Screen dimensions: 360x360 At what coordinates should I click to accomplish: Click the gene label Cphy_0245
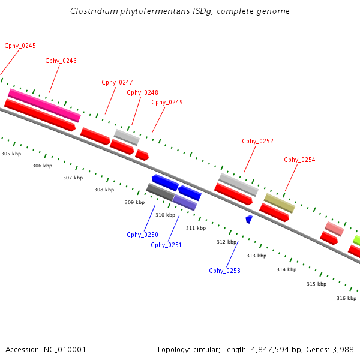coord(20,46)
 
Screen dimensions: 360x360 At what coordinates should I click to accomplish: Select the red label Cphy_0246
coord(61,61)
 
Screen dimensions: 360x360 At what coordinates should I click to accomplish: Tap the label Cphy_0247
coord(117,82)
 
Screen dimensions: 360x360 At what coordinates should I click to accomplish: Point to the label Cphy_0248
coord(142,92)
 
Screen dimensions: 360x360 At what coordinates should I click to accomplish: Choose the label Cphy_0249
coord(167,102)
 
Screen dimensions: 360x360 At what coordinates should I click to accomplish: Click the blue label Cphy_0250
coord(142,235)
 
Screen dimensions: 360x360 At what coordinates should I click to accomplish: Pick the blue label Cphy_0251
coord(166,245)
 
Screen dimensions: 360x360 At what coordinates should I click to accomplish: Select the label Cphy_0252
coord(257,141)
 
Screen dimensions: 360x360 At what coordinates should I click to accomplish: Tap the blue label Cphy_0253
coord(224,271)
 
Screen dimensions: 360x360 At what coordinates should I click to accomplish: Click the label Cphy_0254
coord(299,160)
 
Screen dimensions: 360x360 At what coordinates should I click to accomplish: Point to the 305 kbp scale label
coord(11,154)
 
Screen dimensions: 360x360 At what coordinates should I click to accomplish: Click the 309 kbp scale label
coord(135,202)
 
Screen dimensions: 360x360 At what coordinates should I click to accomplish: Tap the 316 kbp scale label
coord(346,298)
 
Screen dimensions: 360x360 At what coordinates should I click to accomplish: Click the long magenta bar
coord(44,105)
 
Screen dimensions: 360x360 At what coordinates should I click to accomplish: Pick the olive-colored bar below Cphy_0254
coord(280,203)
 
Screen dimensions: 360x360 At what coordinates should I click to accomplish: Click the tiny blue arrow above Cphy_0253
coord(249,219)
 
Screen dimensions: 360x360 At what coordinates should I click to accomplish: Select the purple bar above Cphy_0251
coord(185,202)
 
